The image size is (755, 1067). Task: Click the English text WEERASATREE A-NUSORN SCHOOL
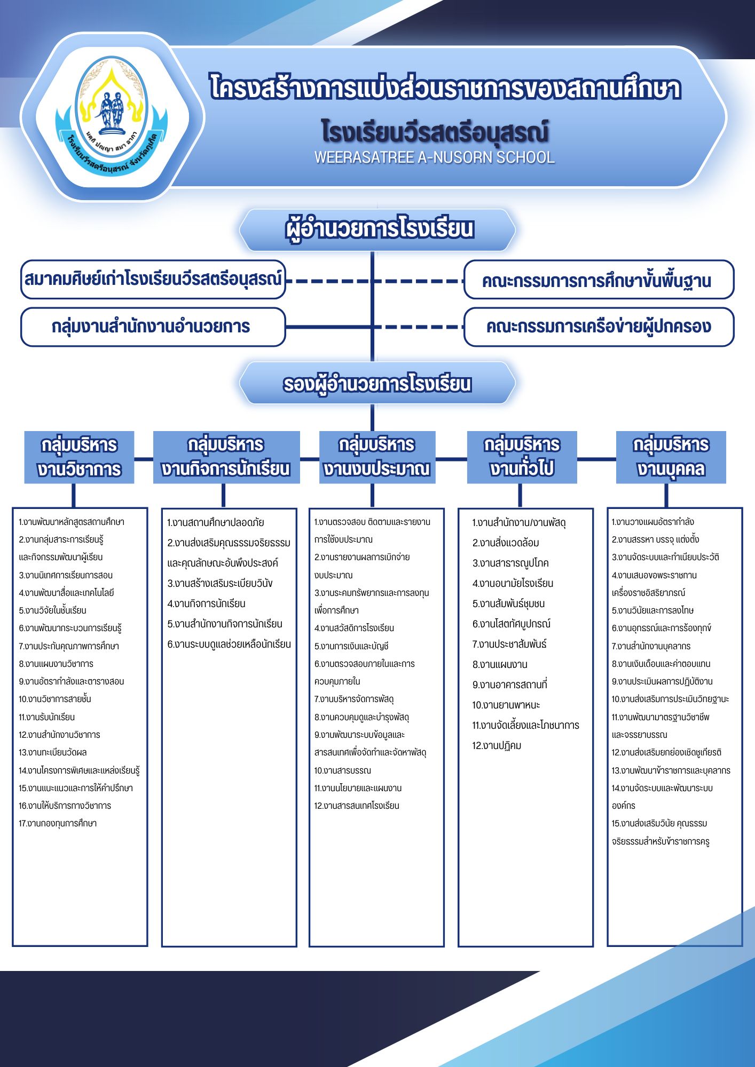(x=434, y=157)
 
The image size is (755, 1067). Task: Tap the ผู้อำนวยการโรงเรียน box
(x=377, y=229)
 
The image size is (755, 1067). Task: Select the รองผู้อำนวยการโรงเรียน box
(x=377, y=384)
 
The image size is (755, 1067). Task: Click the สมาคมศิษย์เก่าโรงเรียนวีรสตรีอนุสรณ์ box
(x=153, y=280)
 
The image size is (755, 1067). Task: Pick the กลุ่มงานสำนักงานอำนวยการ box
(x=153, y=327)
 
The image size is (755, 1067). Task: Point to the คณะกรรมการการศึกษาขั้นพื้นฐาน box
(x=599, y=280)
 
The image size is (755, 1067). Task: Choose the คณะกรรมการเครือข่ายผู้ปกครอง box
(x=599, y=327)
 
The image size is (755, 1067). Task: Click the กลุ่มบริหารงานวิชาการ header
(x=79, y=457)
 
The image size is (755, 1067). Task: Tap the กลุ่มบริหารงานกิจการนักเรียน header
(x=226, y=457)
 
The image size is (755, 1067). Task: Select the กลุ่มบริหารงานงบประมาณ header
(x=377, y=457)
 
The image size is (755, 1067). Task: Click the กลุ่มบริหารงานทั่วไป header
(x=522, y=457)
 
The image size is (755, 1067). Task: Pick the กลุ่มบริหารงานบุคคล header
(x=671, y=457)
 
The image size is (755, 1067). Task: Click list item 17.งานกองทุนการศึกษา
(x=58, y=823)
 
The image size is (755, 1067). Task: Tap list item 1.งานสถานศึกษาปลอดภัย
(x=215, y=522)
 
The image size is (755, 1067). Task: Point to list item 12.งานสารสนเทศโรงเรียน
(x=357, y=806)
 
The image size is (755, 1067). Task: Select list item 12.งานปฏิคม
(x=497, y=745)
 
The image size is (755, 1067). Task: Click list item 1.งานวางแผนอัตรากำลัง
(x=652, y=522)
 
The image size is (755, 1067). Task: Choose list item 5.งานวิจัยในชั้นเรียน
(x=52, y=610)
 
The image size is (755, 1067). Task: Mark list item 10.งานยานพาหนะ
(x=506, y=705)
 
